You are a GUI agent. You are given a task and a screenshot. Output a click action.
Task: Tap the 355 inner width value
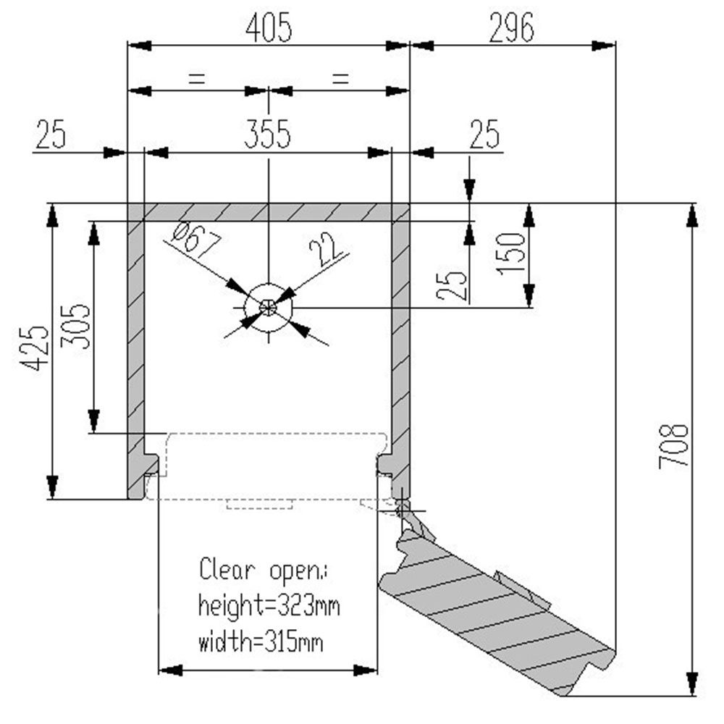pyautogui.click(x=266, y=135)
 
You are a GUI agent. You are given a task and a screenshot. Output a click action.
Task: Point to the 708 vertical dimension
pyautogui.click(x=673, y=445)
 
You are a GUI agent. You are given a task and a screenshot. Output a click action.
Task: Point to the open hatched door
pyautogui.click(x=492, y=608)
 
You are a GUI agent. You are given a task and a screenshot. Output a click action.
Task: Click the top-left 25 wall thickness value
pyautogui.click(x=51, y=135)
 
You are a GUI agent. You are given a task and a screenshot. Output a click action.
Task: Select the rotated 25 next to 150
pyautogui.click(x=452, y=285)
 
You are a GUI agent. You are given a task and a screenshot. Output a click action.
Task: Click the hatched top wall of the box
pyautogui.click(x=268, y=212)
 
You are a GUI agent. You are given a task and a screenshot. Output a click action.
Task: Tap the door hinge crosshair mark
pyautogui.click(x=403, y=509)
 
